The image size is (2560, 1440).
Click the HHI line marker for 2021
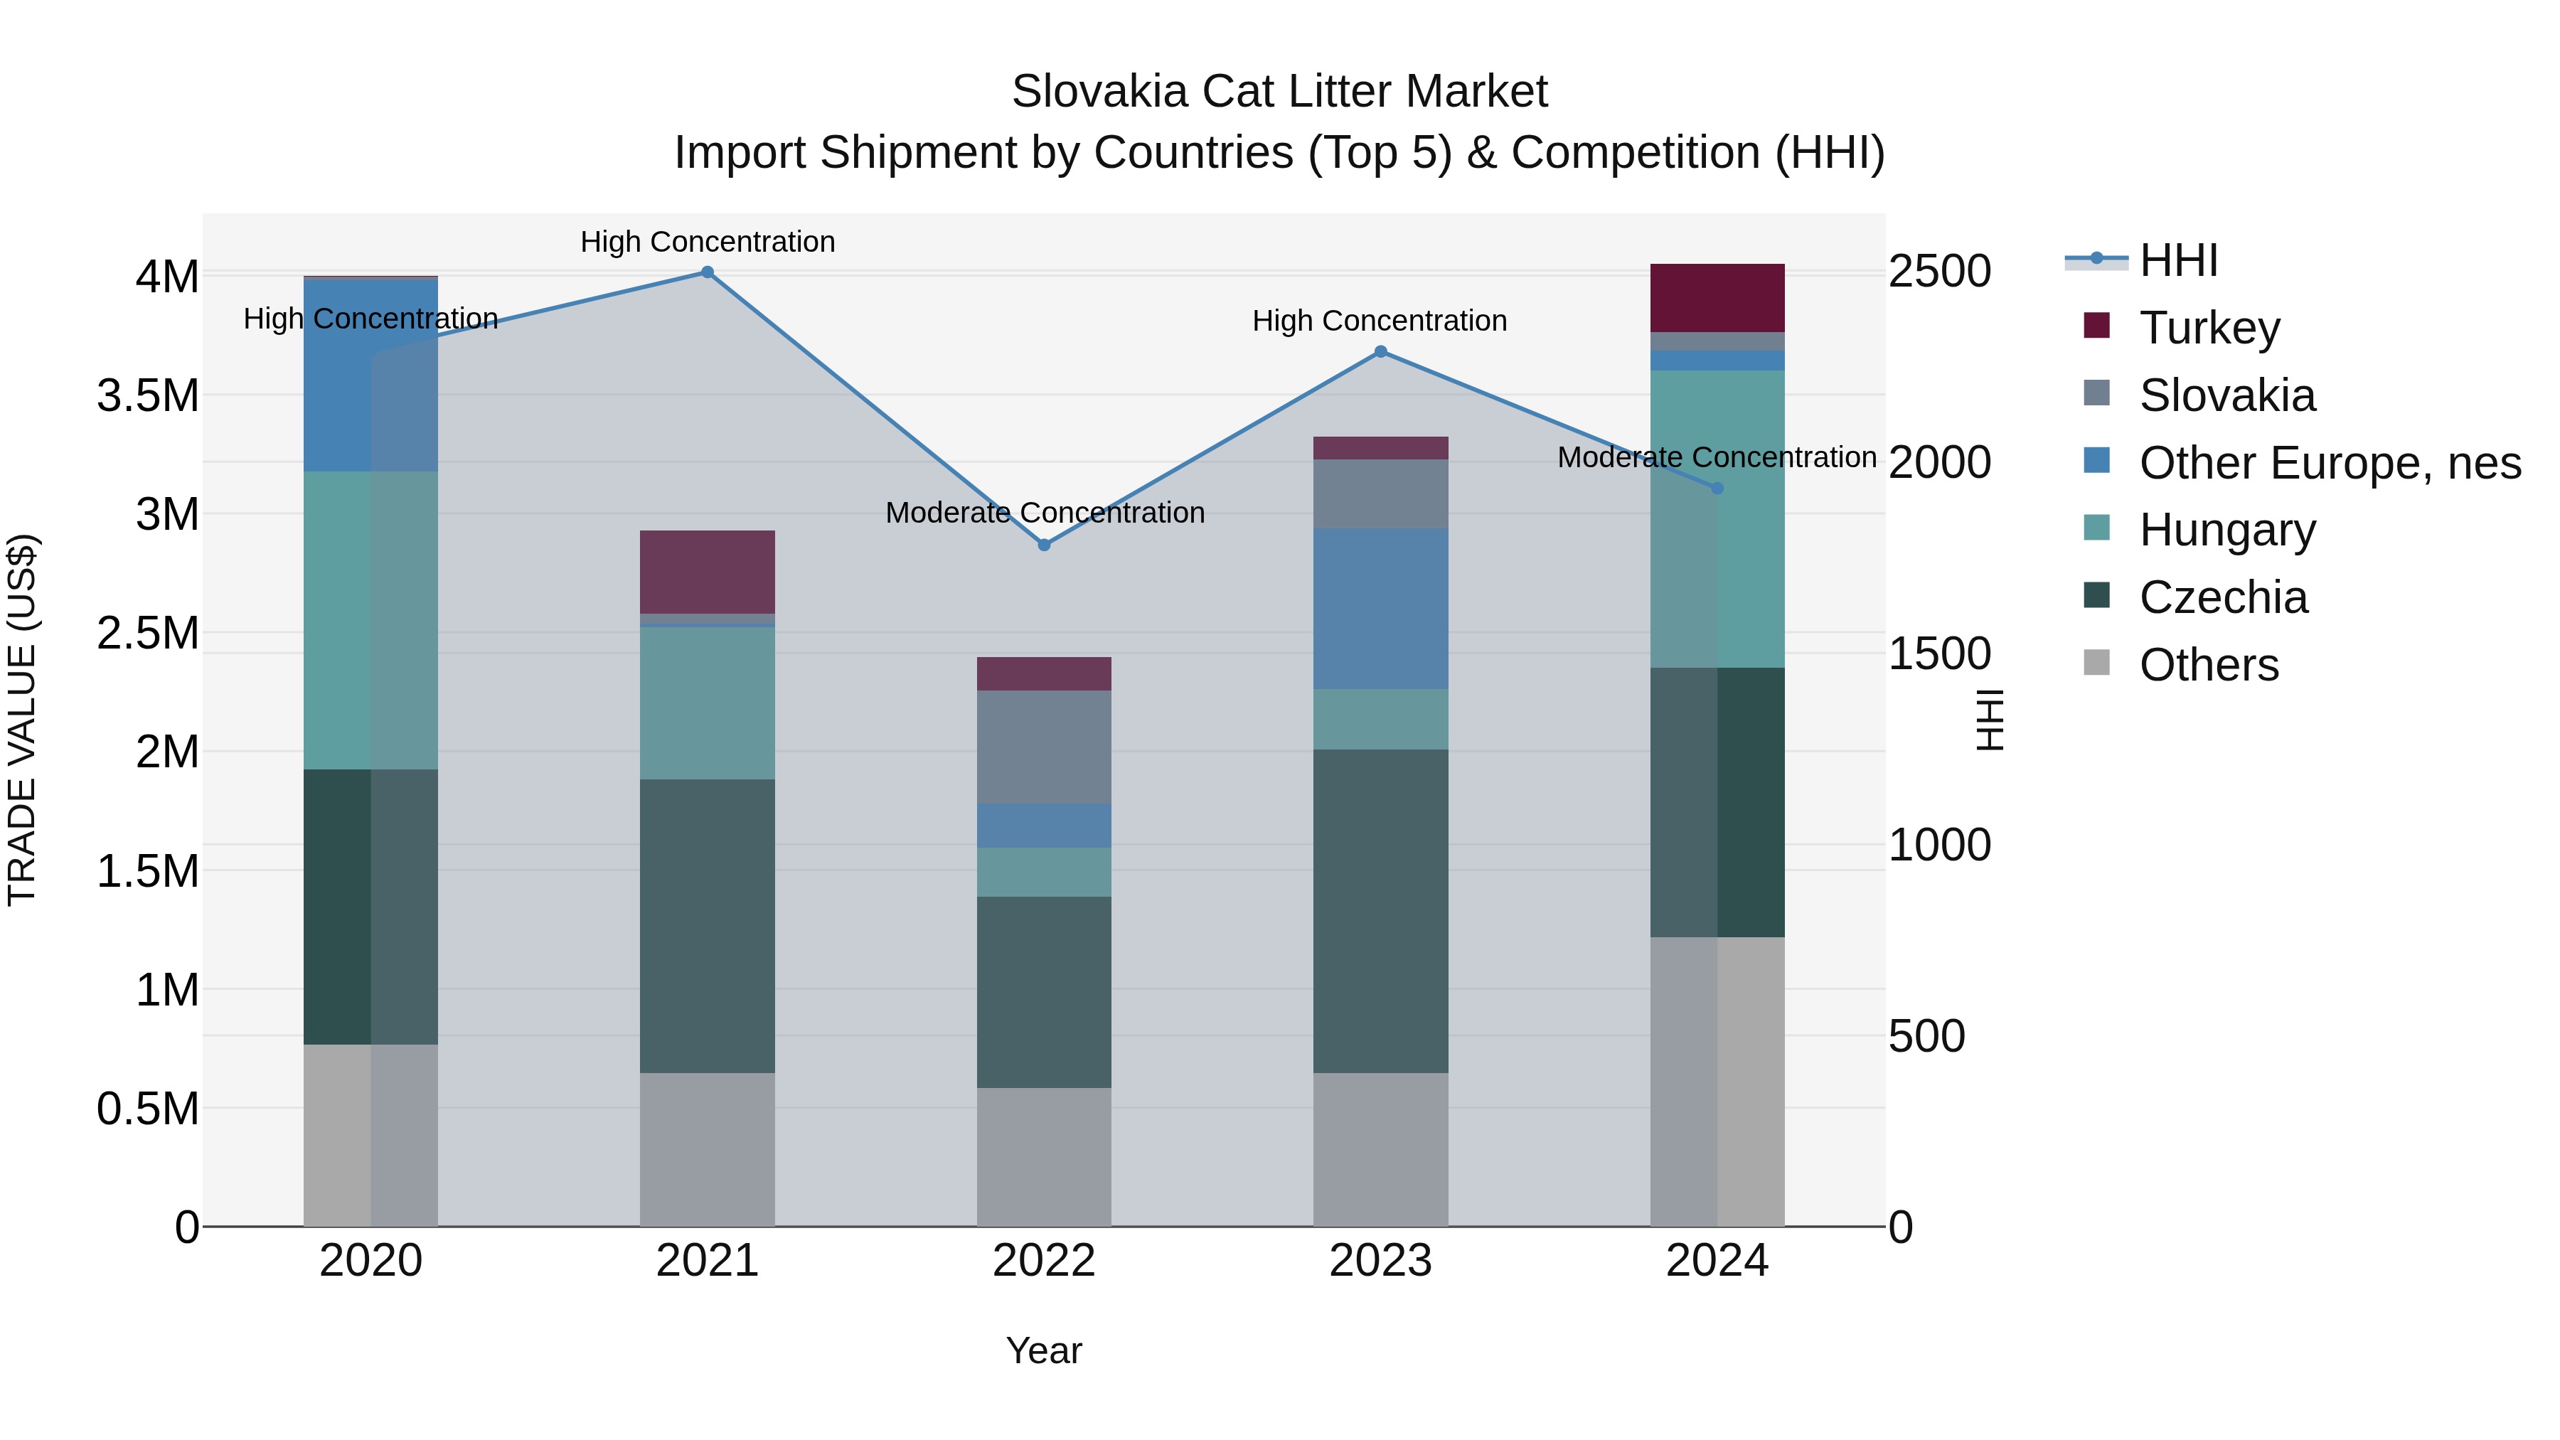tap(707, 272)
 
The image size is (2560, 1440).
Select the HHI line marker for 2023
tap(1380, 352)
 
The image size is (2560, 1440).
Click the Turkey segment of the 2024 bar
tap(1717, 298)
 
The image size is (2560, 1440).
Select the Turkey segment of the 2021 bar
tap(707, 572)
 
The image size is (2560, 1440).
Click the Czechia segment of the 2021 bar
tap(707, 926)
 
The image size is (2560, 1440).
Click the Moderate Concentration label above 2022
tap(1045, 513)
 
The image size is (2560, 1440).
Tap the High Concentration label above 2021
tap(707, 242)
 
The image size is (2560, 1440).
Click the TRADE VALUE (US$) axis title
tap(22, 720)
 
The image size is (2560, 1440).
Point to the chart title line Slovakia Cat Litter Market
tap(1279, 92)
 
